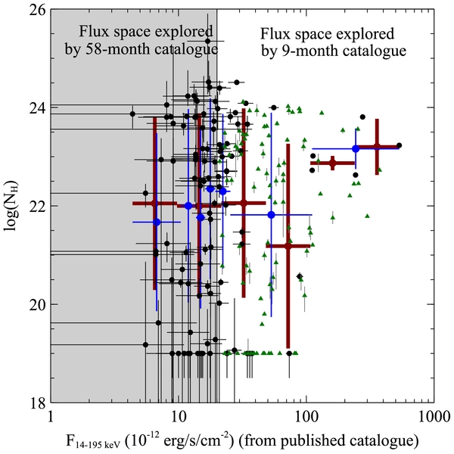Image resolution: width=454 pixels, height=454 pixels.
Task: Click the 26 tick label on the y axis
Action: (x=37, y=10)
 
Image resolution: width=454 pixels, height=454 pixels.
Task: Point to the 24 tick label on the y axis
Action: (x=37, y=108)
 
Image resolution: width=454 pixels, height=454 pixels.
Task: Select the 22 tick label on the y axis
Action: (x=37, y=207)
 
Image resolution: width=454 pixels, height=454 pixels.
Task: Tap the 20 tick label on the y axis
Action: (x=37, y=305)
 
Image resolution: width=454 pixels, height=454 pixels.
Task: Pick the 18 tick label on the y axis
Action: (x=37, y=403)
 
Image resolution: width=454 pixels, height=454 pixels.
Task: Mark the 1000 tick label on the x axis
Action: (x=434, y=417)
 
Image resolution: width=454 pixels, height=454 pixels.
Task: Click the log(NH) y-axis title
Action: (x=11, y=206)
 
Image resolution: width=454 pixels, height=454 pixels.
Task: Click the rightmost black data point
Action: (x=399, y=145)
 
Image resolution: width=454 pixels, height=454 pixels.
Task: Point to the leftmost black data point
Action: (x=132, y=113)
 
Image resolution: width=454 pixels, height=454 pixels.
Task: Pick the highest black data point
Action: (x=208, y=41)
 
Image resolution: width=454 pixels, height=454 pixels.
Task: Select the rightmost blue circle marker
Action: (x=356, y=149)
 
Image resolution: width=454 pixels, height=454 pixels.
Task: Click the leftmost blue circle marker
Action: (x=157, y=222)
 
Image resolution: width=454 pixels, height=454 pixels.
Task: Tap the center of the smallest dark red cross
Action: (x=332, y=163)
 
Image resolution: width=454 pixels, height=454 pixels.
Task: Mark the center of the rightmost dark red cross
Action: (x=377, y=147)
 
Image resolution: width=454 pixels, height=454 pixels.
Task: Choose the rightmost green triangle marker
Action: (x=379, y=169)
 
